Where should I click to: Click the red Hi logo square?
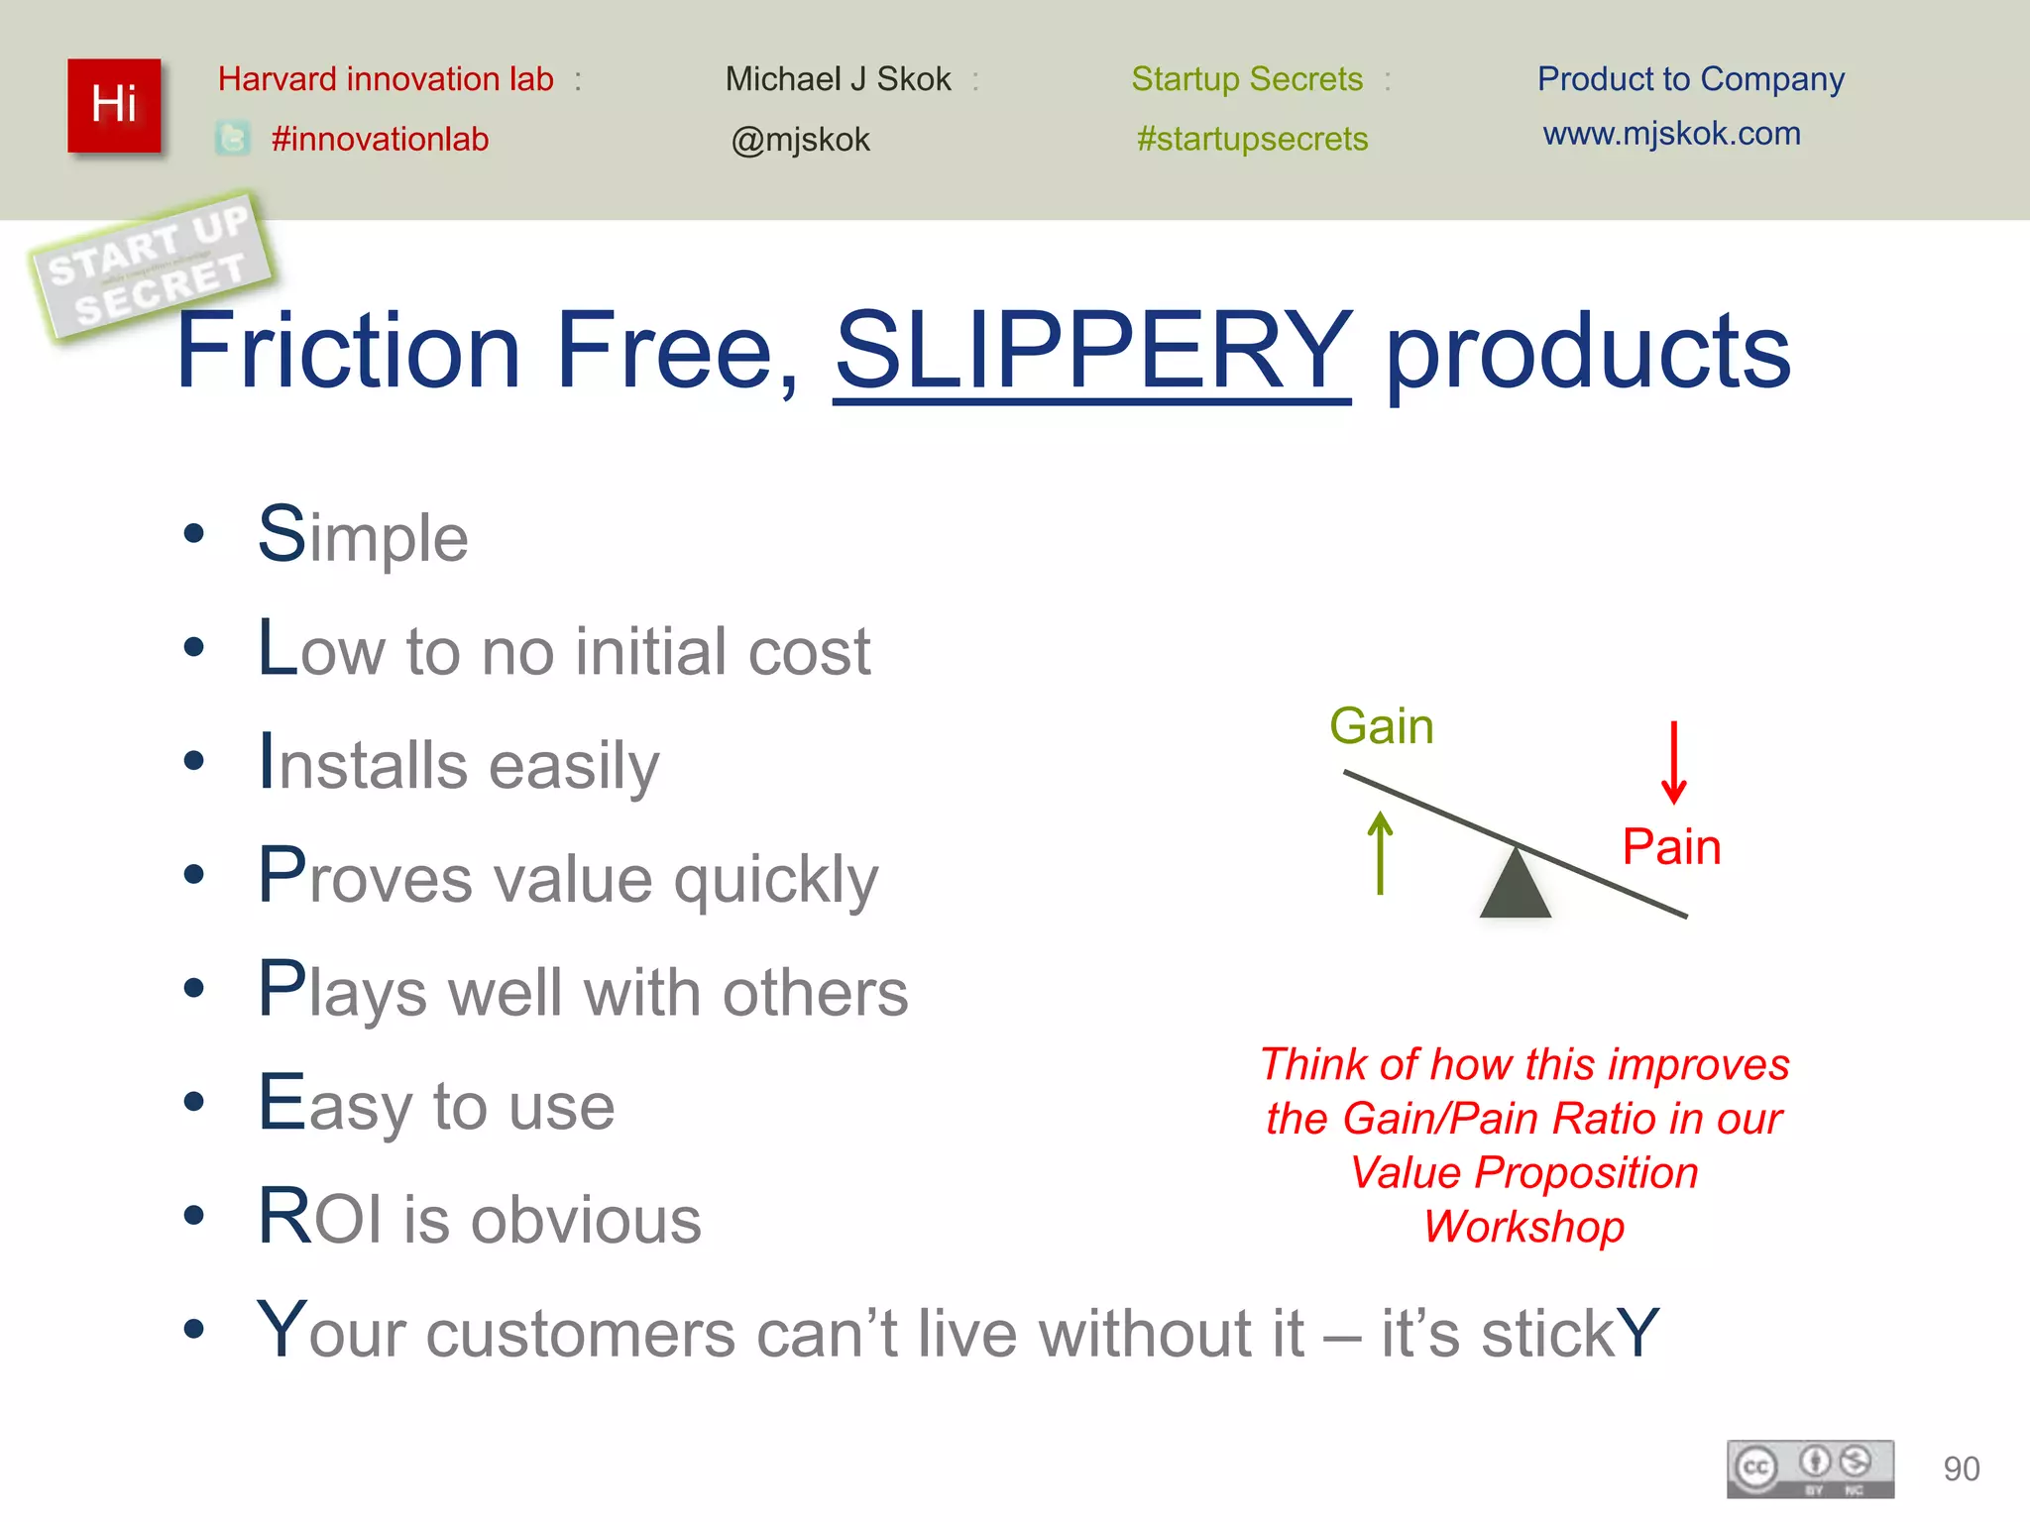tap(114, 105)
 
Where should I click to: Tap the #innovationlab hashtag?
tap(380, 139)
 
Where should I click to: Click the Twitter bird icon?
tap(233, 138)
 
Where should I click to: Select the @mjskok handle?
tap(800, 140)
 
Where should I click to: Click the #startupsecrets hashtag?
tap(1252, 139)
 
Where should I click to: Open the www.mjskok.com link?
tap(1671, 133)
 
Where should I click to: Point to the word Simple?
tap(363, 536)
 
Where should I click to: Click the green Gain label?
tap(1381, 725)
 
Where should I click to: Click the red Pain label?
tap(1671, 847)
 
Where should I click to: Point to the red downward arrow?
tap(1673, 763)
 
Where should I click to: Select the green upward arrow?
tap(1380, 852)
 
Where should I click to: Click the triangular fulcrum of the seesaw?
tap(1515, 886)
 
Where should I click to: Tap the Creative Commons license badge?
tap(1810, 1468)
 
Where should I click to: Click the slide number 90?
tap(1961, 1468)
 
